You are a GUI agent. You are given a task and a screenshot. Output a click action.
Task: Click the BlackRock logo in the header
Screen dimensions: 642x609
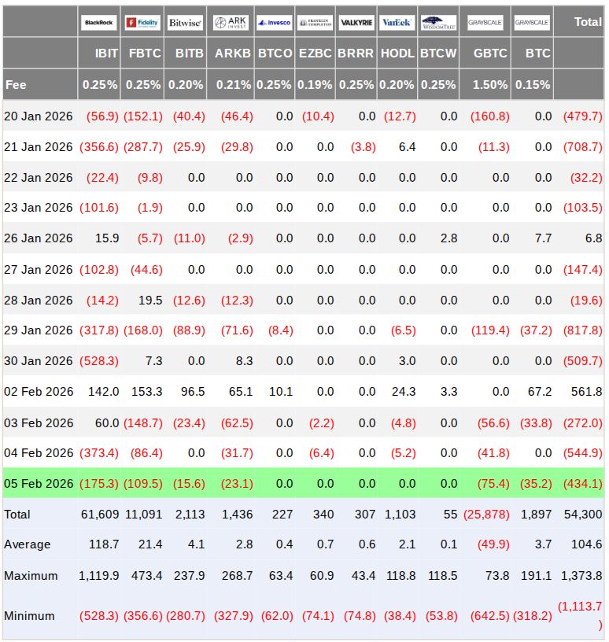[x=98, y=23]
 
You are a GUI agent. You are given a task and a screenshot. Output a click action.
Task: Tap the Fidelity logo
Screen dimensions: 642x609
[x=142, y=23]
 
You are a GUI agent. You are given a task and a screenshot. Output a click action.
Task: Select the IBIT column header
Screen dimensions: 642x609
[x=101, y=53]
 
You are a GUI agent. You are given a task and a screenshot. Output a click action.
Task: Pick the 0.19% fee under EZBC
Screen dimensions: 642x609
[x=316, y=84]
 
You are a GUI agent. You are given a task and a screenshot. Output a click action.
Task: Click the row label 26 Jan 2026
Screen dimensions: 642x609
[x=39, y=238]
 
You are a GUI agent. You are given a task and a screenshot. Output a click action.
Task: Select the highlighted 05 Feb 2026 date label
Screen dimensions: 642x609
[x=39, y=483]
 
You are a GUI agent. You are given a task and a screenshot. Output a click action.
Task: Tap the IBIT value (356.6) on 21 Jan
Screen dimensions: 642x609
[x=99, y=147]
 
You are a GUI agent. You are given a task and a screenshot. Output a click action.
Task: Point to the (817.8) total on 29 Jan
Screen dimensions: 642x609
[x=582, y=330]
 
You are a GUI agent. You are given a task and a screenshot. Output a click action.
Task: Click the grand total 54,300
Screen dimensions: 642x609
[x=583, y=515]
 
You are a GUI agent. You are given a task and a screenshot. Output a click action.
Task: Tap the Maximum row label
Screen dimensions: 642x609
[x=31, y=576]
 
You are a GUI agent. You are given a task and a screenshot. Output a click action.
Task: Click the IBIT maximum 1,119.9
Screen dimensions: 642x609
[x=99, y=576]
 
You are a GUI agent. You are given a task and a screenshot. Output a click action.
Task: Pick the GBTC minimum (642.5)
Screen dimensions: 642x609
[x=489, y=616]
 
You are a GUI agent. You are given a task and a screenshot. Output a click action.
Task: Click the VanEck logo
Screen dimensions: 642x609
[x=396, y=23]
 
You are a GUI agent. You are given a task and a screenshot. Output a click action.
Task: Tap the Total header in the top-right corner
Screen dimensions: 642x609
[x=588, y=22]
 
